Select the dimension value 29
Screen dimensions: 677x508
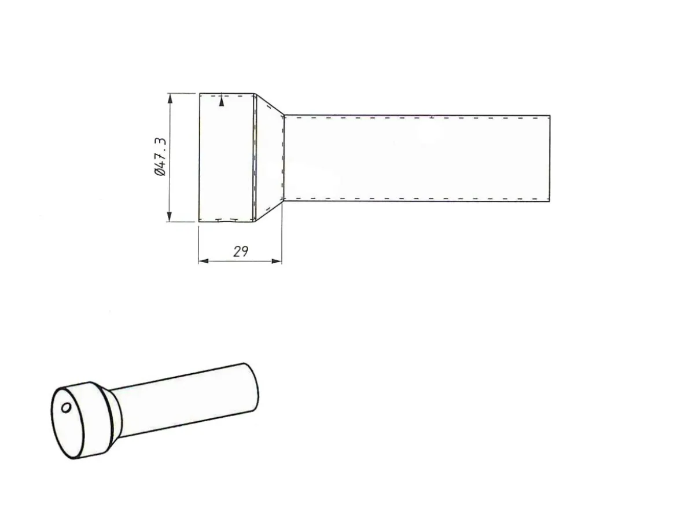[241, 251]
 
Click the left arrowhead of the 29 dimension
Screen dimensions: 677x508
[204, 261]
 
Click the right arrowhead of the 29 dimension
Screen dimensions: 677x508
[277, 261]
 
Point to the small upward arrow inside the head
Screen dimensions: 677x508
[222, 101]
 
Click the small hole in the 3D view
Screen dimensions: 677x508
[66, 407]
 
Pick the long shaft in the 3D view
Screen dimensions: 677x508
[186, 400]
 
